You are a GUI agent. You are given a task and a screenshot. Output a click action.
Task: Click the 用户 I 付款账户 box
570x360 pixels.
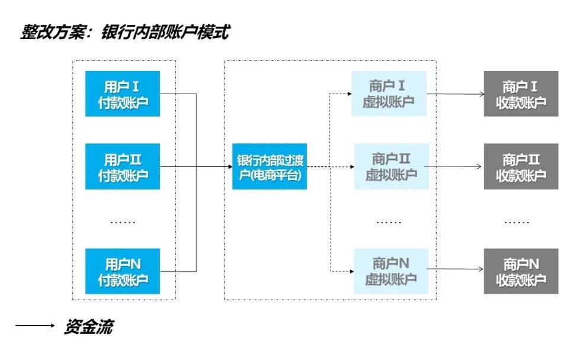pyautogui.click(x=123, y=94)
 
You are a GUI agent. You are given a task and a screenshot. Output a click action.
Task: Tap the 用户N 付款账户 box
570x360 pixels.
pyautogui.click(x=123, y=271)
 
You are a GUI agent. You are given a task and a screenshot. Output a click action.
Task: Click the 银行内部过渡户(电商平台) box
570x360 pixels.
pyautogui.click(x=270, y=167)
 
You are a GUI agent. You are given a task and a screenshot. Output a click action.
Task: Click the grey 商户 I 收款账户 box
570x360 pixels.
pyautogui.click(x=521, y=94)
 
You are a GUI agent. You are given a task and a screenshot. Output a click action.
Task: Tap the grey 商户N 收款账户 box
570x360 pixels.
pyautogui.click(x=521, y=271)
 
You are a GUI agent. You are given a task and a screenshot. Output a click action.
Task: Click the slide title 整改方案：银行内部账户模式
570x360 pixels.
pyautogui.click(x=124, y=32)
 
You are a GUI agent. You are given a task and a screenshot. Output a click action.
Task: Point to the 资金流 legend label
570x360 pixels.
pyautogui.click(x=88, y=326)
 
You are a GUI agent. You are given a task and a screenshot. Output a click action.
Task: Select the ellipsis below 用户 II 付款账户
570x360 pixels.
pyautogui.click(x=123, y=222)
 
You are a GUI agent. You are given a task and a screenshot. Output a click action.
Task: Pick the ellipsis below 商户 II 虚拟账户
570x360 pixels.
pyautogui.click(x=389, y=222)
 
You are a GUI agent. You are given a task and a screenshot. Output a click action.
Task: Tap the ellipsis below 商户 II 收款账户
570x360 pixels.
pyautogui.click(x=517, y=222)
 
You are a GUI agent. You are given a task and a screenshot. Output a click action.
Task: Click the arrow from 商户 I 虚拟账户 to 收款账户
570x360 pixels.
pyautogui.click(x=455, y=94)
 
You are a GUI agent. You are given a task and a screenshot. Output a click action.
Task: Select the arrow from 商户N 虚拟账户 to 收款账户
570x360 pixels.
pyautogui.click(x=455, y=270)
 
